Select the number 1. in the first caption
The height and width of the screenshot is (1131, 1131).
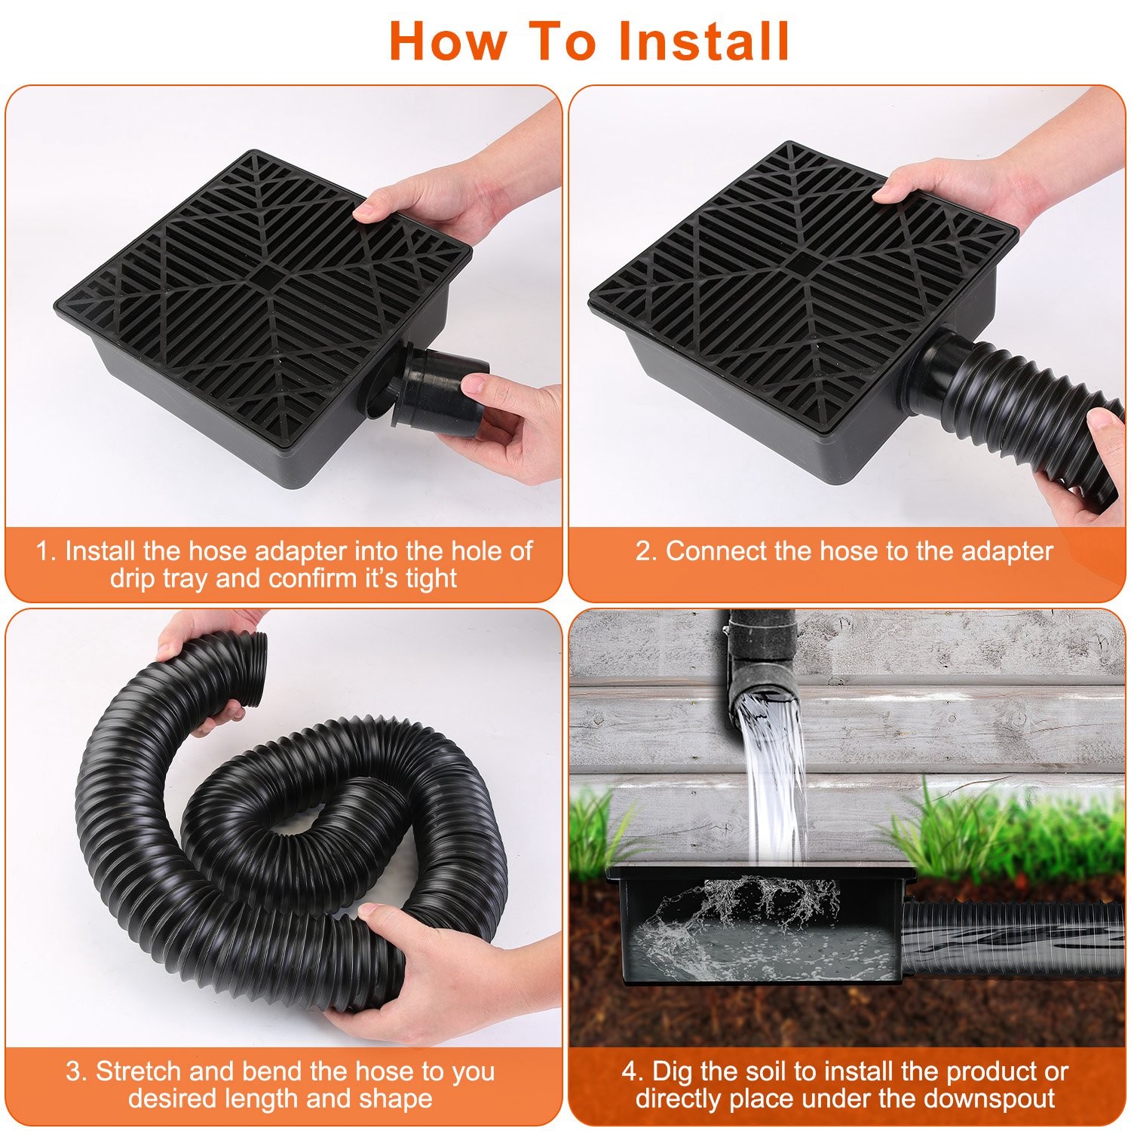(x=47, y=551)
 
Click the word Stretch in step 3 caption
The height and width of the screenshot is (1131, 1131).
(x=139, y=1071)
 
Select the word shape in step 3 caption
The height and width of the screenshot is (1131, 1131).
(x=396, y=1099)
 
